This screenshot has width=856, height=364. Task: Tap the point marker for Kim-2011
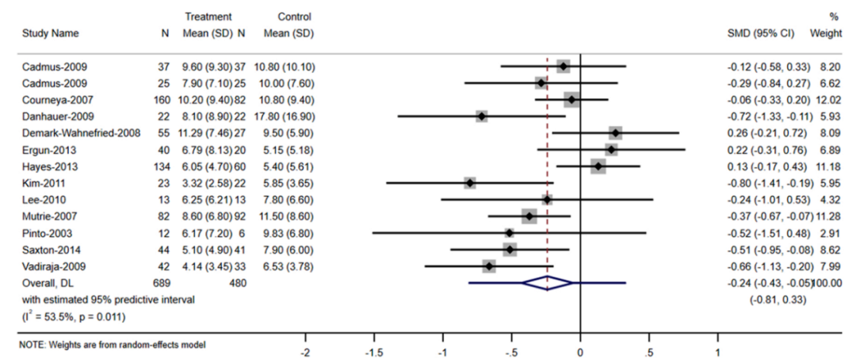[x=470, y=182]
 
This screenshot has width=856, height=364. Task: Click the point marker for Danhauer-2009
[x=481, y=116]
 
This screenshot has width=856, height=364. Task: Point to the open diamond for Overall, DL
[x=548, y=282]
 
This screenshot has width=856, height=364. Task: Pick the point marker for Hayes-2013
[x=598, y=166]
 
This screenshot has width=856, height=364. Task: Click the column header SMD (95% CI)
[x=759, y=34]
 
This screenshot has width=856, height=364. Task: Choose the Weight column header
[x=826, y=34]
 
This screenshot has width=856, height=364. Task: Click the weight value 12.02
[x=828, y=99]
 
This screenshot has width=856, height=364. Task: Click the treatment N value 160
[x=162, y=99]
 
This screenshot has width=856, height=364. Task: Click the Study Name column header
[x=48, y=34]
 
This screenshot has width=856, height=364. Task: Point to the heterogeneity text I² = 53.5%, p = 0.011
[x=71, y=316]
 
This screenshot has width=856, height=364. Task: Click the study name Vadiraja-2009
[x=49, y=266]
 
